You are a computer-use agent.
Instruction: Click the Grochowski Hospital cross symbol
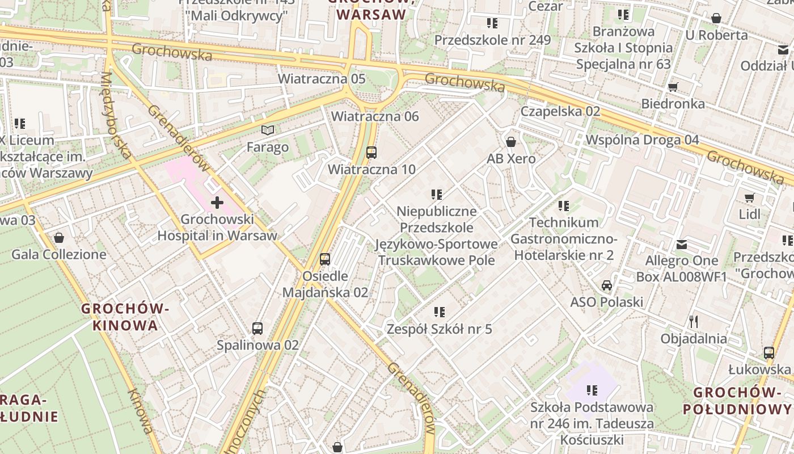click(217, 202)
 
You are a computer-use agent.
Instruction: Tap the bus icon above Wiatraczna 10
click(371, 152)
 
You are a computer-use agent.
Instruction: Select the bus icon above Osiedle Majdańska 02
click(325, 259)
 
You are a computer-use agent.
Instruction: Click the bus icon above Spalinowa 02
click(257, 328)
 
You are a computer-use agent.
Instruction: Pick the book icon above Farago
click(268, 131)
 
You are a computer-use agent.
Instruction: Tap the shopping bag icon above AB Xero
click(511, 142)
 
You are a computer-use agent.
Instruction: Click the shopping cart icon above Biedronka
click(673, 87)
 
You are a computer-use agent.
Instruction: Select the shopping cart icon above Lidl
click(750, 197)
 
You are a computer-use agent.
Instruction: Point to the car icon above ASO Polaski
click(607, 285)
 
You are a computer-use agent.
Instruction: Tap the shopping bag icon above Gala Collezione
click(59, 237)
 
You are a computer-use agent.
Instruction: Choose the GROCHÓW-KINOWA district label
click(126, 317)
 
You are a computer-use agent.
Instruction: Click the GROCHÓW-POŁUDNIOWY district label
click(737, 401)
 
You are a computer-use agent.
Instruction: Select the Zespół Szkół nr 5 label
click(439, 329)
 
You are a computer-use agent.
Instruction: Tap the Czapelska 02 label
click(560, 111)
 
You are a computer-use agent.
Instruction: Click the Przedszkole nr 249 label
click(492, 40)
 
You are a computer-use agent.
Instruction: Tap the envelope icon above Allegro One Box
click(682, 245)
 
